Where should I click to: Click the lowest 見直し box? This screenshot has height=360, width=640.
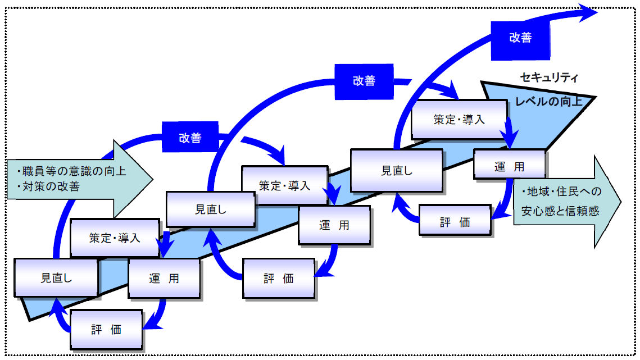point(56,277)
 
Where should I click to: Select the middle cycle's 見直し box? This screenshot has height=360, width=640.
point(210,209)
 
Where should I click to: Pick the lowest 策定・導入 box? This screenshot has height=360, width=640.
point(114,238)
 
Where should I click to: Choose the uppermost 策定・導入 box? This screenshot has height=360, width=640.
point(459,120)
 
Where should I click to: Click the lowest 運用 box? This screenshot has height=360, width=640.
point(164,278)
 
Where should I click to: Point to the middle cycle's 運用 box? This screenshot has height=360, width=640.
point(334,225)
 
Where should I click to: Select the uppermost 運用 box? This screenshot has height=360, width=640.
point(509,167)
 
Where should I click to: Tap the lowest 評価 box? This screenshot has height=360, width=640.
point(106,329)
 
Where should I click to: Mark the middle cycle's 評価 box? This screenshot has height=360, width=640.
point(279,278)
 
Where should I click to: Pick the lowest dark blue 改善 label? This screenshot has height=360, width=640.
point(190,138)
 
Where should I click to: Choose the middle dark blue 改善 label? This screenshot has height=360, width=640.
point(364,80)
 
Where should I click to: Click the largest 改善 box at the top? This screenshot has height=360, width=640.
point(520,38)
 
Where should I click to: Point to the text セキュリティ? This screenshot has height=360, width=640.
point(549,78)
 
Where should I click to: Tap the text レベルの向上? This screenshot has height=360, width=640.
point(548,102)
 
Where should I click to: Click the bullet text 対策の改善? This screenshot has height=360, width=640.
point(51,186)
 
